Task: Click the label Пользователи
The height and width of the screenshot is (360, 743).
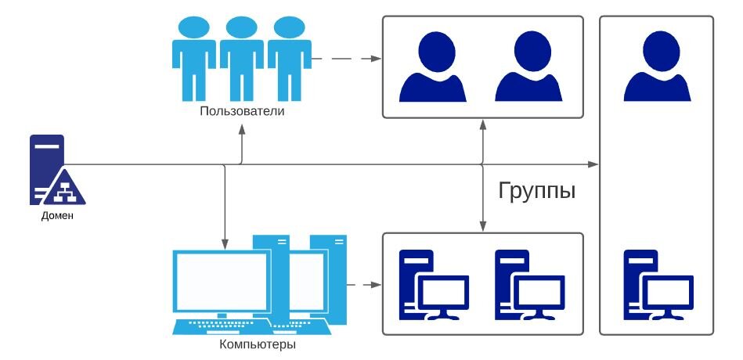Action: click(x=242, y=112)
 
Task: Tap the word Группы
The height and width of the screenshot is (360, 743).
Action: click(x=537, y=191)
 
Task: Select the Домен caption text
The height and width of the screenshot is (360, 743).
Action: click(x=57, y=216)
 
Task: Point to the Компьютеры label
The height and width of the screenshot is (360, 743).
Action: click(x=258, y=344)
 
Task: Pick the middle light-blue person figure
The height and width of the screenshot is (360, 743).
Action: click(x=242, y=58)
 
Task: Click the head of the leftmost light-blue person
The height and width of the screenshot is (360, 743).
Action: click(x=194, y=27)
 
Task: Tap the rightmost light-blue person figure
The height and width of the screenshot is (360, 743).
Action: click(x=289, y=58)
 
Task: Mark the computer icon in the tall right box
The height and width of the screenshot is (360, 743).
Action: click(x=658, y=285)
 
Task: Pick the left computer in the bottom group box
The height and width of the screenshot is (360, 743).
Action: click(x=434, y=285)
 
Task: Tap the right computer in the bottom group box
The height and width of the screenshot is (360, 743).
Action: click(x=530, y=285)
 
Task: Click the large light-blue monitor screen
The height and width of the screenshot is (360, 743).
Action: click(x=222, y=282)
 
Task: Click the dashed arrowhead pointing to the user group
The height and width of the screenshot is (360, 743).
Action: click(x=376, y=59)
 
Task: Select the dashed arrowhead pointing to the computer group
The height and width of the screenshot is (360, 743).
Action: click(x=376, y=285)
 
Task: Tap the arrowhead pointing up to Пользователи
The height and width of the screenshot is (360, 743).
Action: click(x=242, y=129)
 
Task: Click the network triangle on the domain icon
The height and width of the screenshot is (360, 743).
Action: click(x=63, y=188)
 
